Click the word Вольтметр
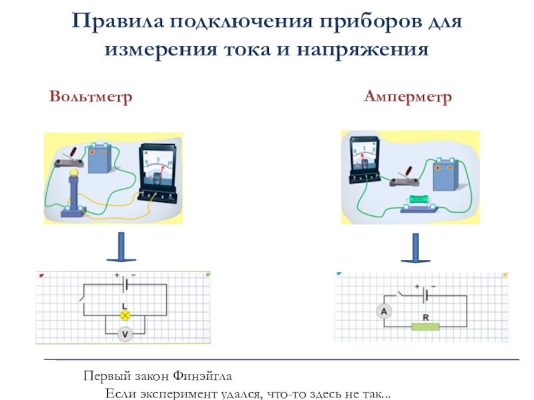[x=90, y=97]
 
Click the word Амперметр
[x=408, y=97]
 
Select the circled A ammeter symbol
[x=384, y=312]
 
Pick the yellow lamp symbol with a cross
[x=123, y=315]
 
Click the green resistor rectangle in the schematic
[x=425, y=327]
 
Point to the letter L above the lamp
[x=123, y=305]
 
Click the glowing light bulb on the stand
[x=73, y=175]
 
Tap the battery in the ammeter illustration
[x=445, y=172]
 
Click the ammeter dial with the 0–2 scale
[x=362, y=156]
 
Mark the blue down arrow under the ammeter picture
[x=416, y=247]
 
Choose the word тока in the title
[x=250, y=49]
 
